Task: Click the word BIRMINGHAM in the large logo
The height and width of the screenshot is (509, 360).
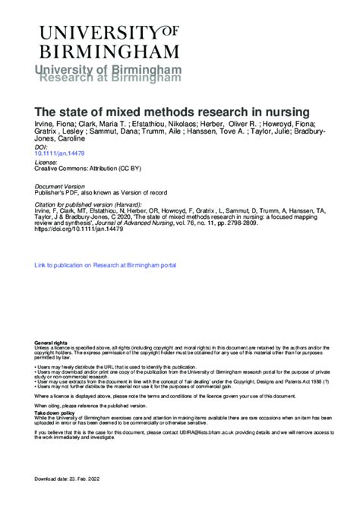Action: tap(109, 51)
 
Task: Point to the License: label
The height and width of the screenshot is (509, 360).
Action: tap(47, 162)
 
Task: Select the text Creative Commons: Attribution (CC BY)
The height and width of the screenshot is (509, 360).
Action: tap(88, 168)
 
